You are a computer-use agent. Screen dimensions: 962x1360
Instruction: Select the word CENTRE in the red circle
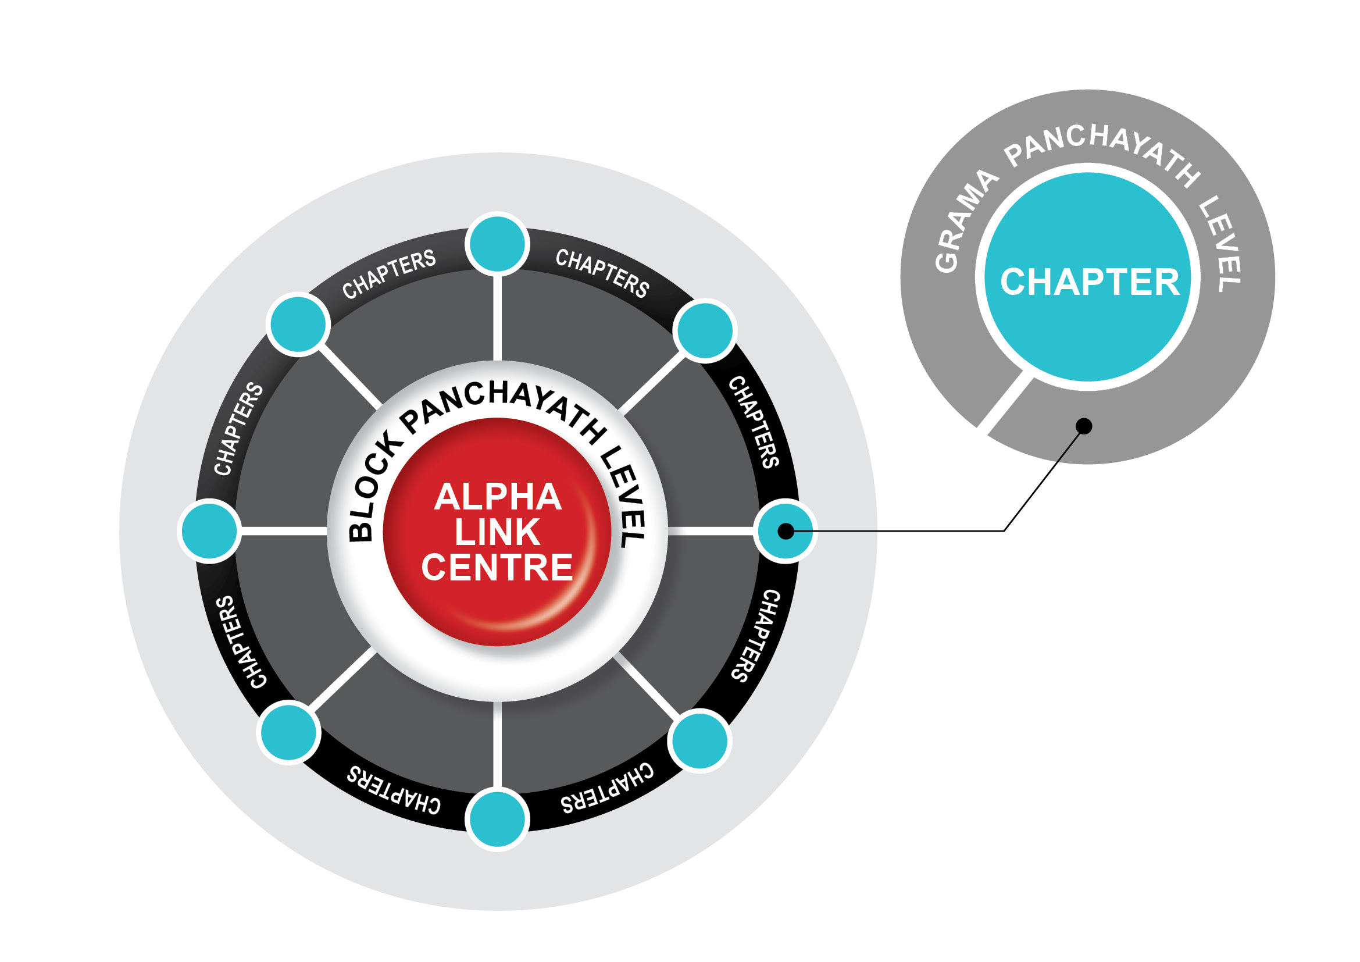(498, 568)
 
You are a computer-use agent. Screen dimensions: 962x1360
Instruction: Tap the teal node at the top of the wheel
(498, 244)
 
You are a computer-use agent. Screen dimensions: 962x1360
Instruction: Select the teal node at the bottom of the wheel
(498, 820)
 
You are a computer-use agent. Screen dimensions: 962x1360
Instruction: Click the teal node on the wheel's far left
(210, 531)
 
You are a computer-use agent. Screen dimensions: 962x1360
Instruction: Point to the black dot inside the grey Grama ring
(1084, 426)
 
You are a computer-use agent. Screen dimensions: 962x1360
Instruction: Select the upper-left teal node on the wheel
(298, 324)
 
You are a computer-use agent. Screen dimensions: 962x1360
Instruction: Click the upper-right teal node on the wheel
(705, 330)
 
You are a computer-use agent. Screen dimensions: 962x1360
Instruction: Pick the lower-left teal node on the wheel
(288, 732)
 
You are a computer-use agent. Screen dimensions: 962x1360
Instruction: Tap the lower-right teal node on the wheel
(699, 740)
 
